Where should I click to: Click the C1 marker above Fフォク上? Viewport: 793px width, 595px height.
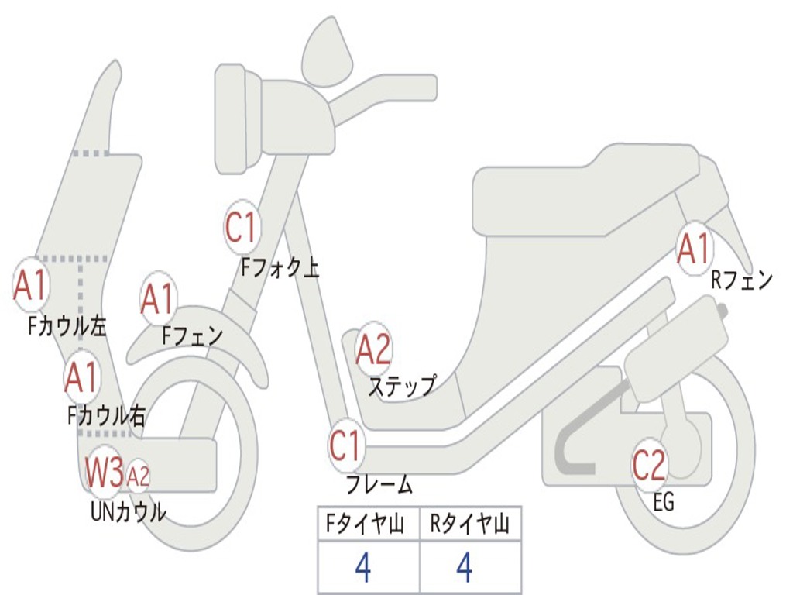(x=242, y=227)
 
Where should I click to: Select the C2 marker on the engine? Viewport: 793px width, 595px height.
(x=649, y=465)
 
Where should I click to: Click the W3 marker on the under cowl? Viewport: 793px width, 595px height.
(x=105, y=472)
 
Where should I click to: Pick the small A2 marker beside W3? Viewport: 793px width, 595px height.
(x=138, y=476)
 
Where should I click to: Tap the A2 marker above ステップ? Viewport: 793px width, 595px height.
(x=373, y=349)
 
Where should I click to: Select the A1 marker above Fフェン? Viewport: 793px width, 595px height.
(x=158, y=298)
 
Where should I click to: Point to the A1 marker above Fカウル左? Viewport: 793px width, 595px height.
(x=30, y=285)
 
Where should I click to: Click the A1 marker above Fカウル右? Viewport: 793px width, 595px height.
(x=81, y=377)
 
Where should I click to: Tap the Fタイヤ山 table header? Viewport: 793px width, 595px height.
(x=365, y=524)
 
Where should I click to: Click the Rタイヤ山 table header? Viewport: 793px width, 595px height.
(x=469, y=524)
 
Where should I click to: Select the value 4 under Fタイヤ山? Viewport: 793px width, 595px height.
(x=363, y=568)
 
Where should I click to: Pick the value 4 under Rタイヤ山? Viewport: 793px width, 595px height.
(x=465, y=568)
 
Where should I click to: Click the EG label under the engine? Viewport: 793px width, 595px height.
(x=664, y=502)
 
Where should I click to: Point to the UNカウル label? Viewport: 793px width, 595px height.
(x=129, y=512)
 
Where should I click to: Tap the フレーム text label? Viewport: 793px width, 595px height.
(x=379, y=484)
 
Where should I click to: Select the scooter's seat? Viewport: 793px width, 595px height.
(x=587, y=191)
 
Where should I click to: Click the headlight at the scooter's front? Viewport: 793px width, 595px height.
(x=239, y=119)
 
